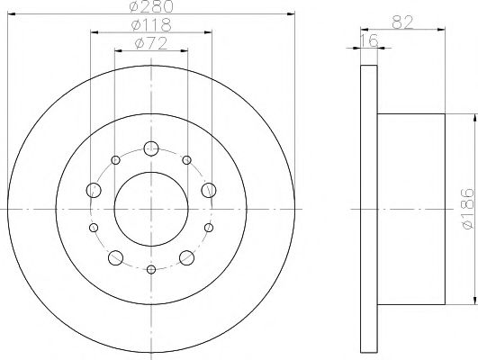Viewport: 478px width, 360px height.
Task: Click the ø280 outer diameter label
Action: coord(151,8)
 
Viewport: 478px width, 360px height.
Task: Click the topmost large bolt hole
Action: coord(151,148)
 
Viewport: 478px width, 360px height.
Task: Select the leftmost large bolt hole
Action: coord(94,189)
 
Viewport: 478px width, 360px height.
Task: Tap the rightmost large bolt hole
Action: coord(209,189)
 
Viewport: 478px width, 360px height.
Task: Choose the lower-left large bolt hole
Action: coord(115,258)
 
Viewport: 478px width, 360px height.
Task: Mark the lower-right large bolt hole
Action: coord(187,258)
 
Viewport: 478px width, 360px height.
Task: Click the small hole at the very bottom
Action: coord(151,270)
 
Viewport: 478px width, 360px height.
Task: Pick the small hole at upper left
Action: coord(115,160)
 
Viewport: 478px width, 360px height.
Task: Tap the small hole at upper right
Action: coord(186,160)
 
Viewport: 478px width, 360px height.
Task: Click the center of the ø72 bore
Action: coord(151,209)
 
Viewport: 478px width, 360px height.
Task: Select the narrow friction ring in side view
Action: coord(367,209)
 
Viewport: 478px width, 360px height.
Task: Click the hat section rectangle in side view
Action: coord(410,209)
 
